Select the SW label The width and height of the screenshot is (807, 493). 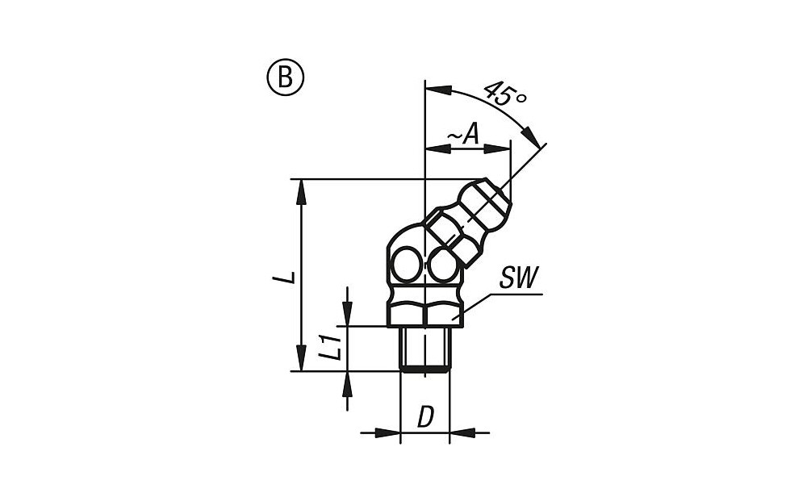tap(518, 279)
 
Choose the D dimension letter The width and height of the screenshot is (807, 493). tap(425, 418)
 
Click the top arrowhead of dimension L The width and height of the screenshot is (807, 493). tap(302, 191)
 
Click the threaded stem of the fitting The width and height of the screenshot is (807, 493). tap(424, 349)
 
